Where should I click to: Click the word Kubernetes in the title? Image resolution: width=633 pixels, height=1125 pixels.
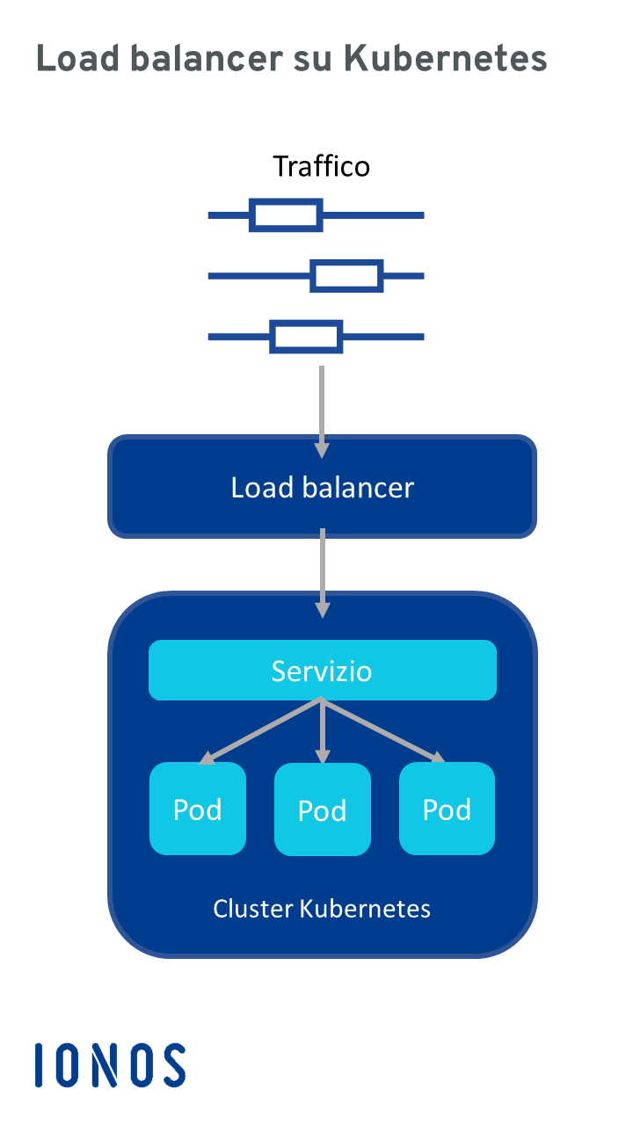[445, 59]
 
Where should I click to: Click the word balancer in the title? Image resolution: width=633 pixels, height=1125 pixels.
[210, 59]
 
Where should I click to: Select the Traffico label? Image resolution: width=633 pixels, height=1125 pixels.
[321, 166]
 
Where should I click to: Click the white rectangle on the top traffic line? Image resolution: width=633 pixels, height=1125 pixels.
[285, 215]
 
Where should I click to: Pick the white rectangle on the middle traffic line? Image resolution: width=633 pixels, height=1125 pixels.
[347, 276]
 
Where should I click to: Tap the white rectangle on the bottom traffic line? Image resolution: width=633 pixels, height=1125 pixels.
[305, 337]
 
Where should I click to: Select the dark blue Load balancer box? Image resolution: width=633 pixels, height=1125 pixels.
[322, 487]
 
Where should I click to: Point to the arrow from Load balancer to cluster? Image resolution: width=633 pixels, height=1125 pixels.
[322, 572]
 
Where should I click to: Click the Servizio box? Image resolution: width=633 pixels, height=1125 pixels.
[322, 671]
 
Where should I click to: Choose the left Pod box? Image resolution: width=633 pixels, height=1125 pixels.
[198, 809]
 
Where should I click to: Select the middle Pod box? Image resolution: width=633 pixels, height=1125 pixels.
[322, 809]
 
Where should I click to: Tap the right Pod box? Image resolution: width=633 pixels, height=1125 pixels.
[447, 809]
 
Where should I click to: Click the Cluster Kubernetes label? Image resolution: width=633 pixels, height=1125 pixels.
[322, 908]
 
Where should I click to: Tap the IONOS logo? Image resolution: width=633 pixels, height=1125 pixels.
[111, 1065]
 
